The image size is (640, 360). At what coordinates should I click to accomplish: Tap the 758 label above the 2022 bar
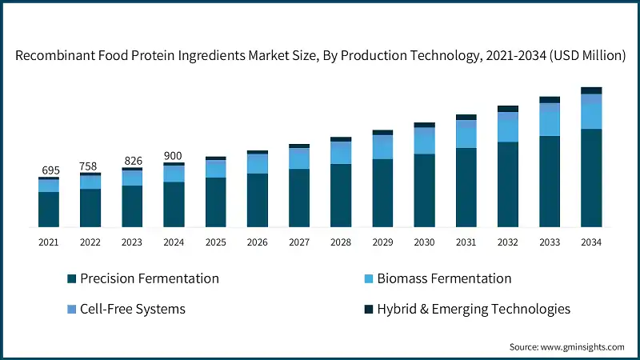[x=90, y=166]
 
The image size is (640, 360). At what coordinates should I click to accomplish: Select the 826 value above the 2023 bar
[x=132, y=161]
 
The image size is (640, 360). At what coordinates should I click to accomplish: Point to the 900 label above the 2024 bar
[x=174, y=155]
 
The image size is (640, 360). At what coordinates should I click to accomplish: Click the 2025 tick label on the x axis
[x=215, y=242]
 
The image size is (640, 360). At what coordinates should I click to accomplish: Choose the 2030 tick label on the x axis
[x=424, y=242]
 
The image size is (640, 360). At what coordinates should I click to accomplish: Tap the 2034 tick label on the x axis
[x=591, y=242]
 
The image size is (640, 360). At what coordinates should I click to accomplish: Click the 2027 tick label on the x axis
[x=298, y=242]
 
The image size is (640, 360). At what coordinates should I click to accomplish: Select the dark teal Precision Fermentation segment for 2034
[x=591, y=178]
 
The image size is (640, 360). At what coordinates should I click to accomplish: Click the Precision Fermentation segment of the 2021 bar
[x=48, y=210]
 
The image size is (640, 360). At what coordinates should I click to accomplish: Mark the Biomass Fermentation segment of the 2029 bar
[x=382, y=148]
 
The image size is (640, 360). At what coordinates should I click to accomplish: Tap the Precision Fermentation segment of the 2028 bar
[x=341, y=196]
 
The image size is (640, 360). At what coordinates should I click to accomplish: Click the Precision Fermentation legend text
[x=150, y=278]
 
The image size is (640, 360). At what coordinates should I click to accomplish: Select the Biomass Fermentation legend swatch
[x=369, y=279]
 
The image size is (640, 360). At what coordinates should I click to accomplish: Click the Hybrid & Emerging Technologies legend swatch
[x=369, y=309]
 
